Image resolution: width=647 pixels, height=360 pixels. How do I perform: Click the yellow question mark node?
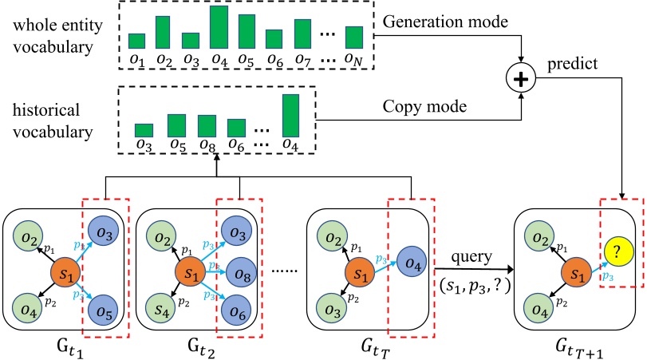[x=617, y=252]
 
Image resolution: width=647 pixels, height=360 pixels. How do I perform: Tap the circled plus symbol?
[x=522, y=78]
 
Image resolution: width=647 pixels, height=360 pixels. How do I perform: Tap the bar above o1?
[x=136, y=41]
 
